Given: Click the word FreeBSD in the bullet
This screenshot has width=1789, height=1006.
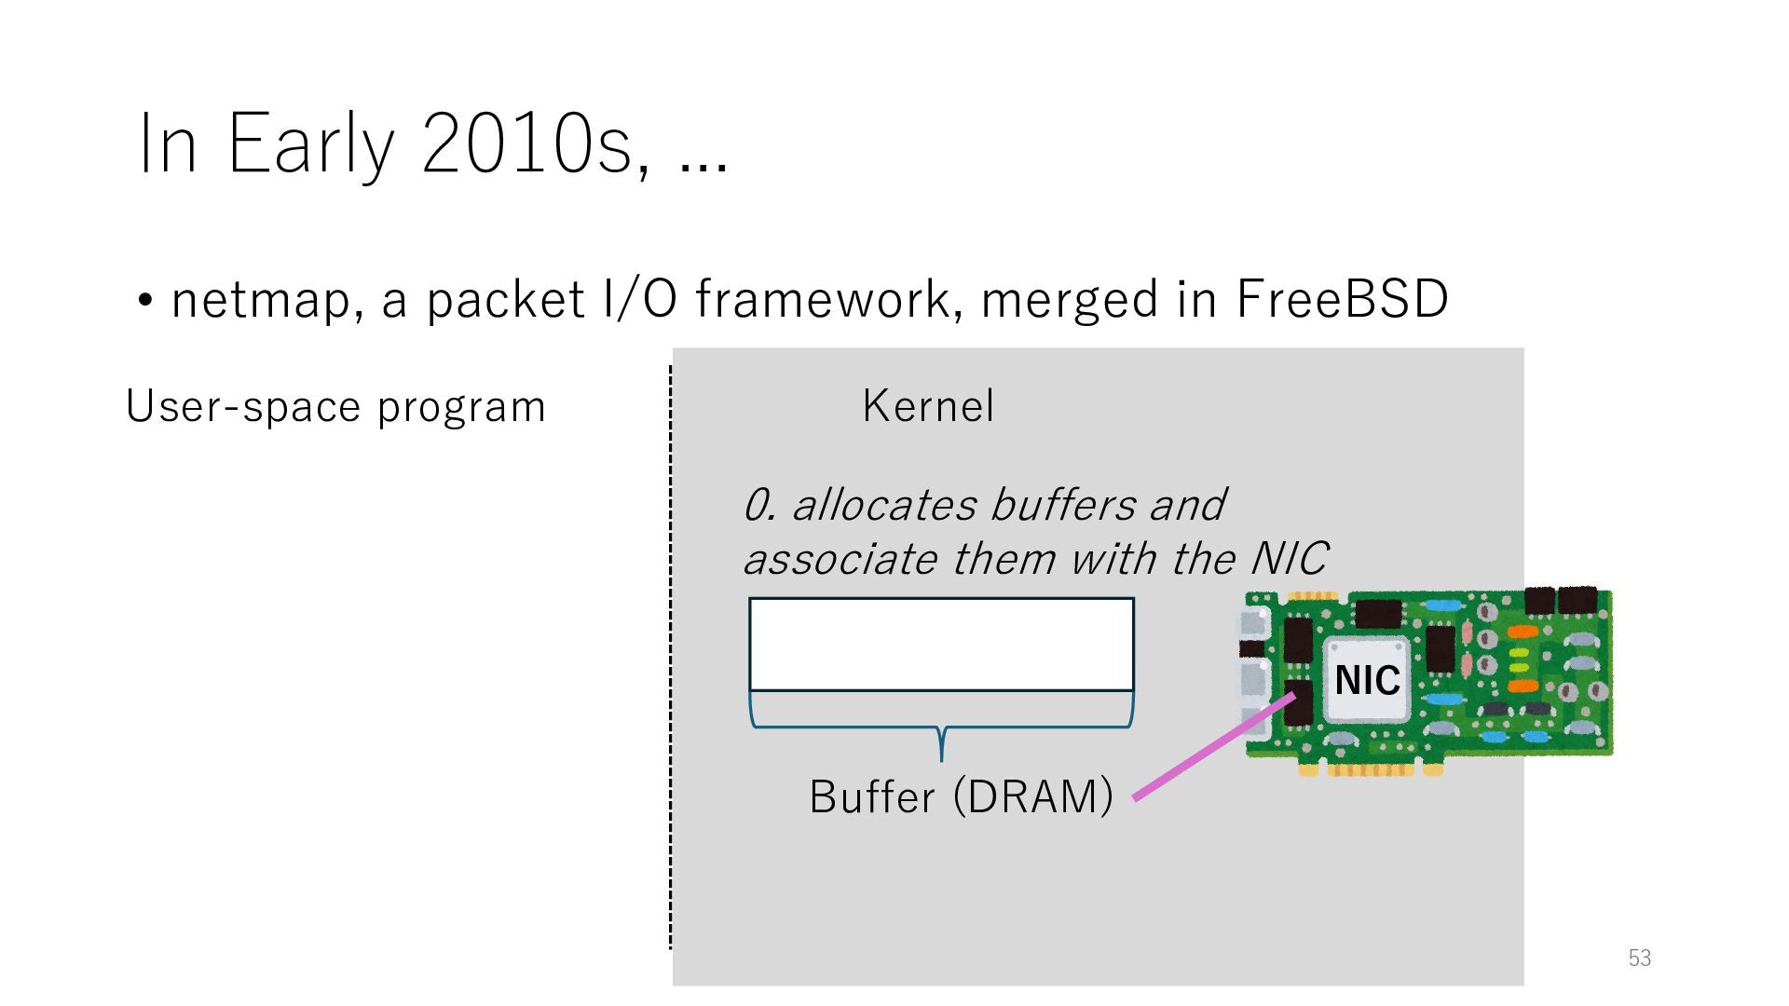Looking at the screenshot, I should (1342, 299).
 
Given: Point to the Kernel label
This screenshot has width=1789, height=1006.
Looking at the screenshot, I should (928, 406).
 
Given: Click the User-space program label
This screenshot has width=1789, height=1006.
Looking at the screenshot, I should (335, 407).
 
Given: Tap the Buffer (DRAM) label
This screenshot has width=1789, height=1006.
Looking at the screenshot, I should (961, 796).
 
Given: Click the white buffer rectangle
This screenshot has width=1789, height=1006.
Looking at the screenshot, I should (941, 644).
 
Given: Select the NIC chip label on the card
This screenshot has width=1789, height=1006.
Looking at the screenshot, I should (1367, 680).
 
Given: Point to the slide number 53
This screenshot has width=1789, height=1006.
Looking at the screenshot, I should (1639, 958).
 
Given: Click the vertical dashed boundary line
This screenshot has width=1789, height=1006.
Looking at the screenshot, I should (670, 652).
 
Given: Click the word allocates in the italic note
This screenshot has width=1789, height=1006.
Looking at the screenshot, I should (884, 505).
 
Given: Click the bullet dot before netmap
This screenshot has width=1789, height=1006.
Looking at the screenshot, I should (145, 301).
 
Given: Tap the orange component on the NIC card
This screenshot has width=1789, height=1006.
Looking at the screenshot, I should (1522, 632).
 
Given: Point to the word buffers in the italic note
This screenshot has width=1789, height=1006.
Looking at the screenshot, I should (1062, 505).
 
